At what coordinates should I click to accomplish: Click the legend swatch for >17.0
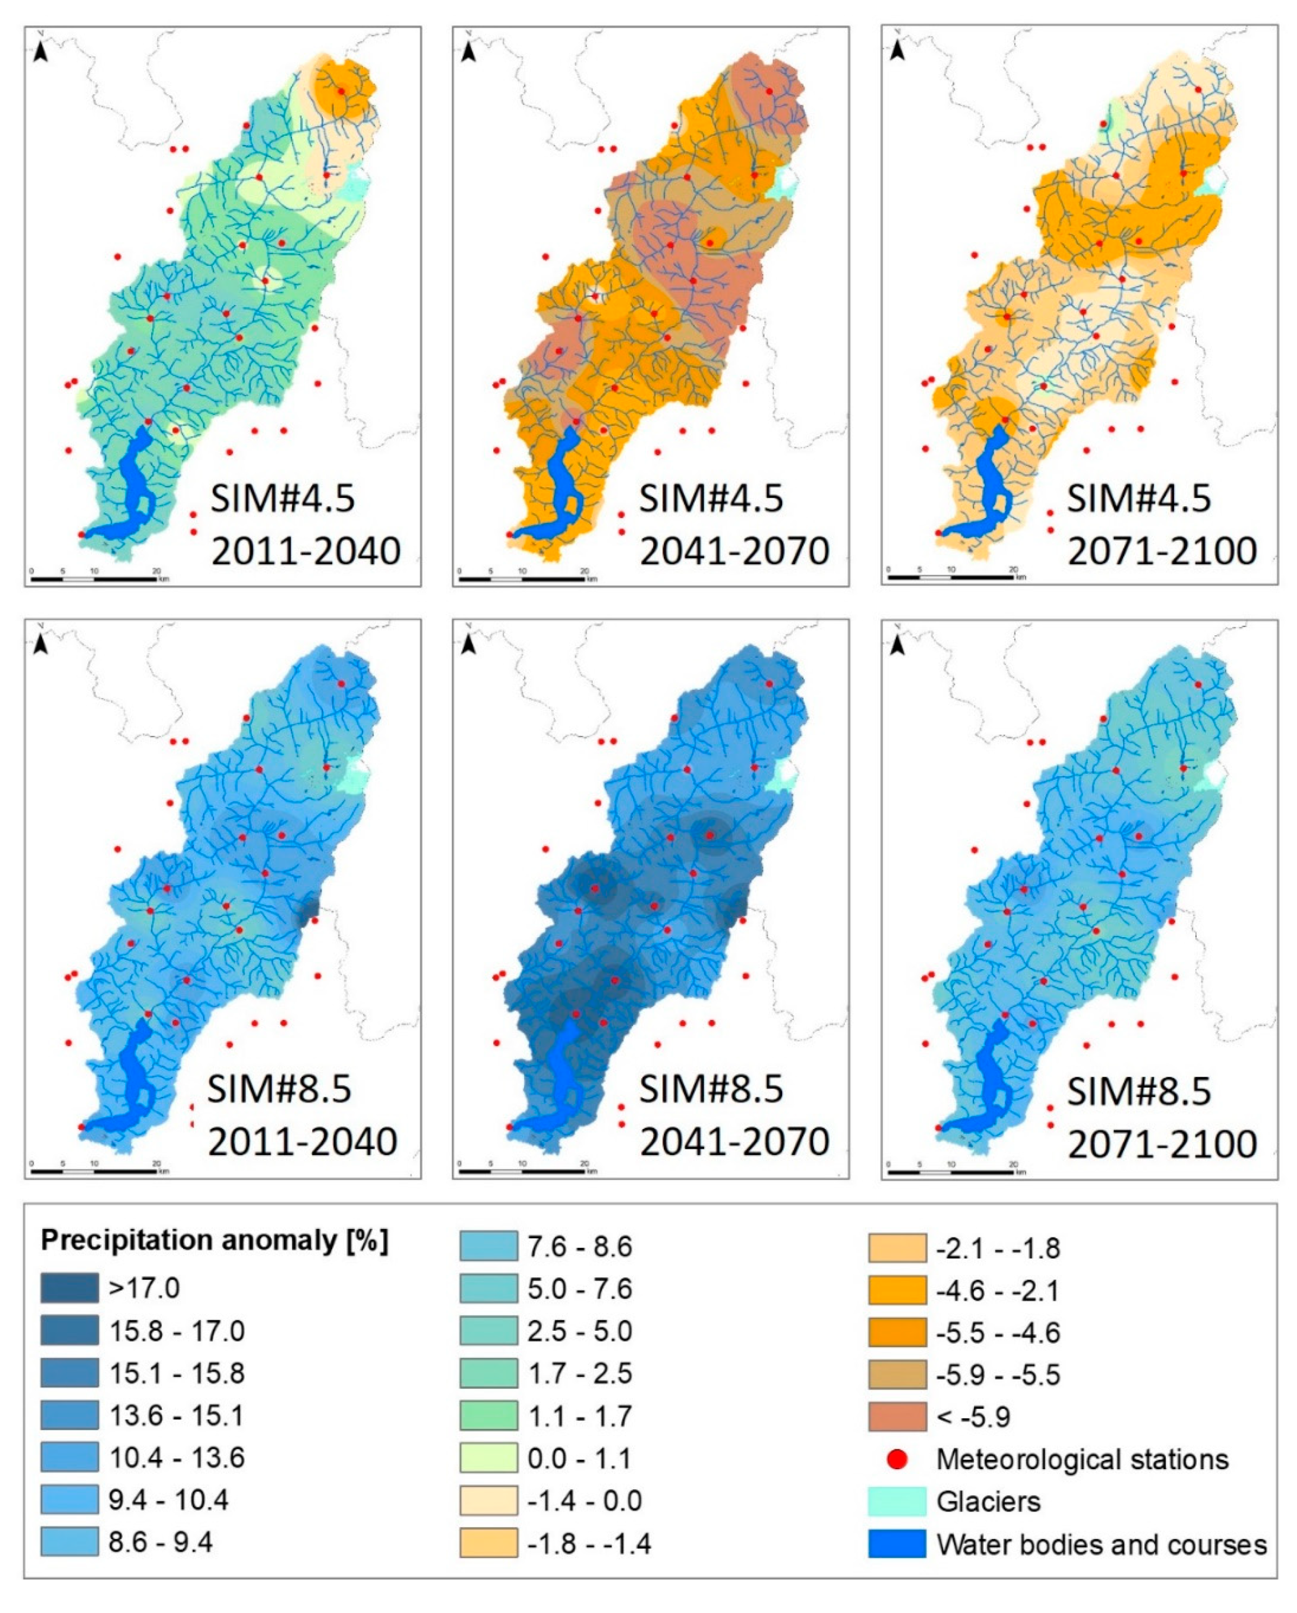coord(69,1288)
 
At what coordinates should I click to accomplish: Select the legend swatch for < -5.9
coord(896,1416)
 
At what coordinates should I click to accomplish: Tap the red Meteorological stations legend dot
coord(896,1459)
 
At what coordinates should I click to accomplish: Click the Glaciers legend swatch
coord(896,1502)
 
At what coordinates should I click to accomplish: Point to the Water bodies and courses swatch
coord(896,1544)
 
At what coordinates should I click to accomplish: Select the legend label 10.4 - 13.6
coord(177,1458)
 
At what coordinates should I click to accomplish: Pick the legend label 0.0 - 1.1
coord(579,1458)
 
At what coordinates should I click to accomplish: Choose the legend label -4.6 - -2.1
coord(998,1291)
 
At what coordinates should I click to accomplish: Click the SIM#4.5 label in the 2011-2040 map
coord(282,498)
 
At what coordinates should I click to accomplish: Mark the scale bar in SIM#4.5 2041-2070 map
coord(524,578)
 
